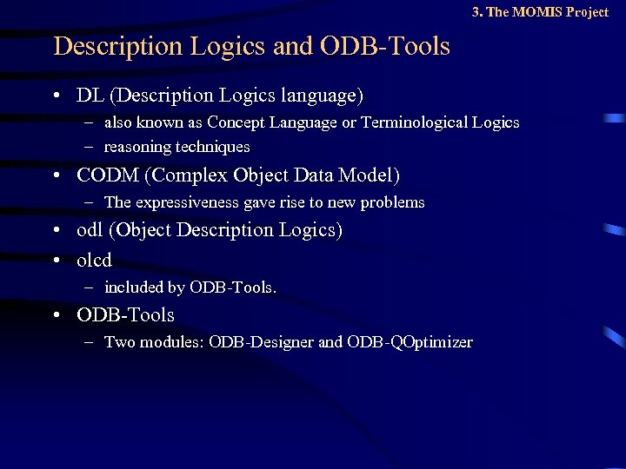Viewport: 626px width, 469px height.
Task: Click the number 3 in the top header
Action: (476, 12)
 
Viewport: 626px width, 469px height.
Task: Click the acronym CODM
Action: (108, 175)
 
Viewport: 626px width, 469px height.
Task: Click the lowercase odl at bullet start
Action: (90, 230)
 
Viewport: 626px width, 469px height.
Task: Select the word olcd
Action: (95, 260)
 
